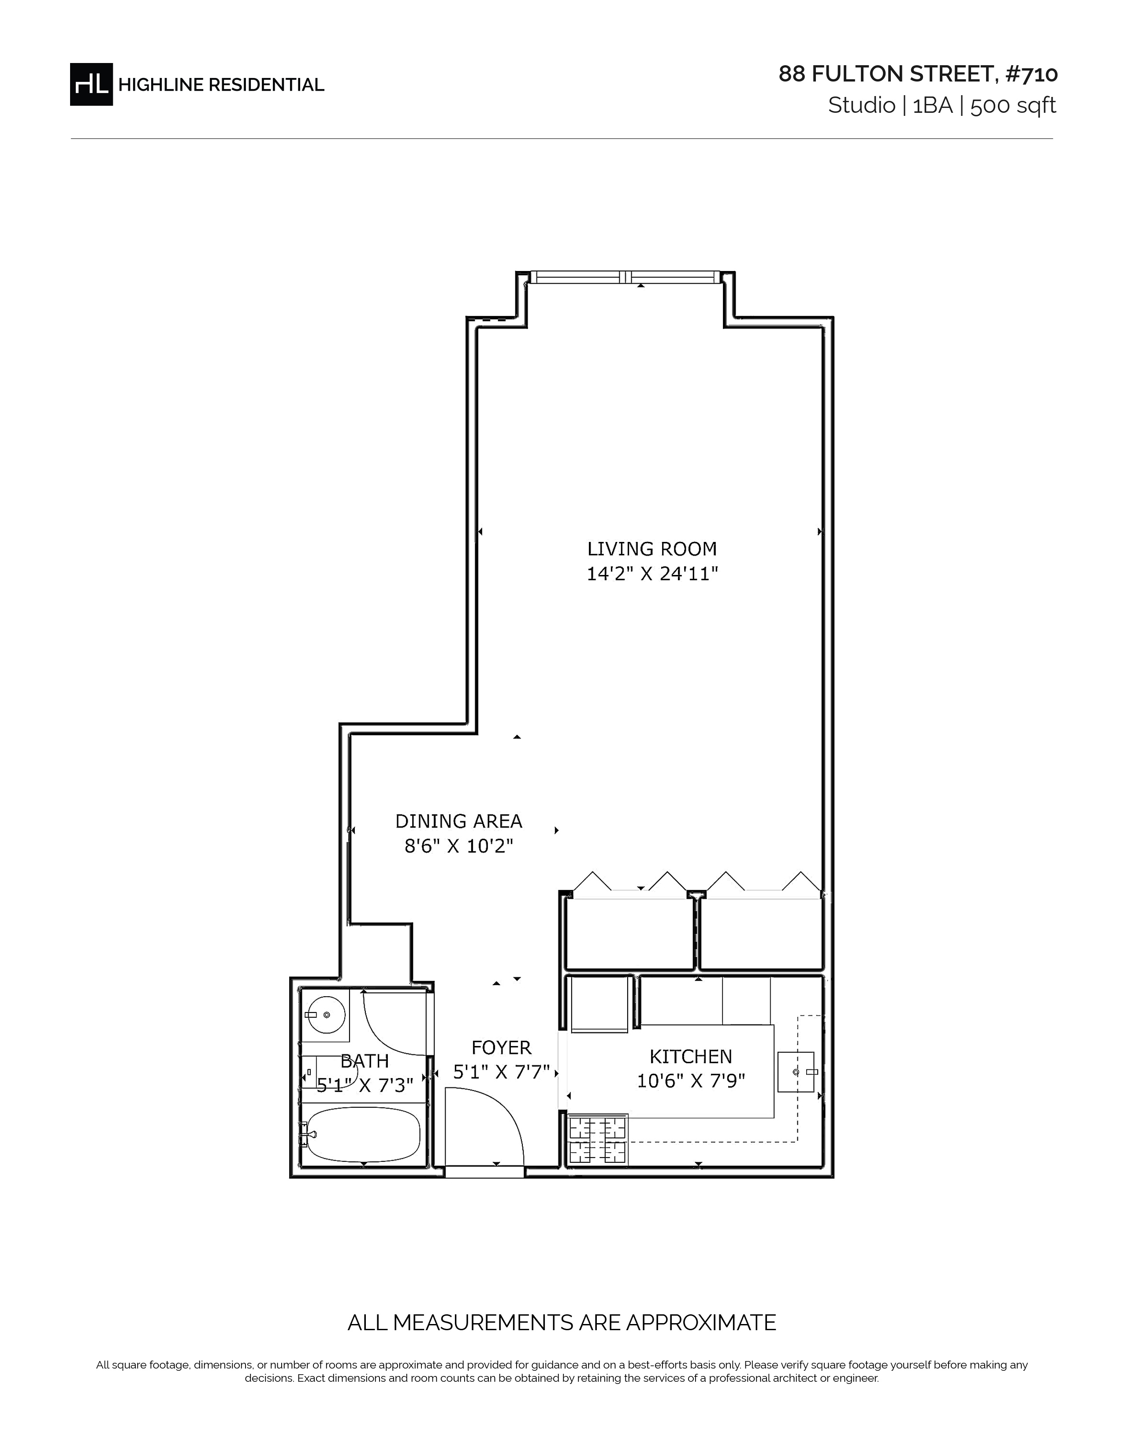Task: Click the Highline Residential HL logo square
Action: point(91,84)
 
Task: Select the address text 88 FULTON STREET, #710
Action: point(918,74)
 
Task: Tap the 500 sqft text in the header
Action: point(1013,106)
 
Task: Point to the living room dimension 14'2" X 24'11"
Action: point(652,573)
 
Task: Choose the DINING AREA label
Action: point(459,821)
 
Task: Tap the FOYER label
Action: point(502,1047)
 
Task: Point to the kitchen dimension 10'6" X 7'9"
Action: point(691,1080)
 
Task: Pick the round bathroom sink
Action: point(326,1015)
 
